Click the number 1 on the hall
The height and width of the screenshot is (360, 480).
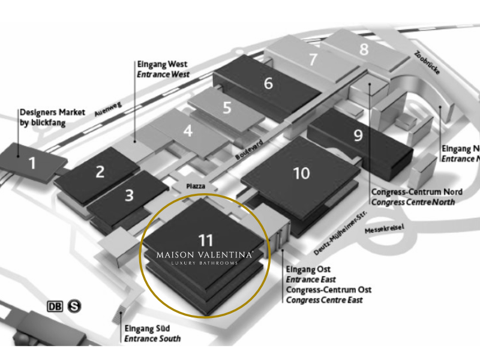(32, 162)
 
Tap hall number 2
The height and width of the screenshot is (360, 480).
(100, 172)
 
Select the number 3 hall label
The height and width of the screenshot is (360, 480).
(129, 195)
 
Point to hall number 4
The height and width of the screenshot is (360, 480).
(188, 130)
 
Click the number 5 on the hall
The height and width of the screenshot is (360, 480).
(226, 108)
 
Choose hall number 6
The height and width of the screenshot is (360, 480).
(268, 83)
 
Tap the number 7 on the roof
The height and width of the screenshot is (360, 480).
(313, 59)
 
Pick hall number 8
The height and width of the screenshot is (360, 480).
(364, 49)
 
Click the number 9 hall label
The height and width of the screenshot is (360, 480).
(358, 135)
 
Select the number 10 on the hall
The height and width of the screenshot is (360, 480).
(301, 173)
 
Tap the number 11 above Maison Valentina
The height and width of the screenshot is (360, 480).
(206, 240)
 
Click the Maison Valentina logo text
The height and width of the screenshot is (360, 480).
(205, 255)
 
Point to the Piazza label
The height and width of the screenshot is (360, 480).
(195, 187)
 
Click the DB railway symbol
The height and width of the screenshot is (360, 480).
(55, 306)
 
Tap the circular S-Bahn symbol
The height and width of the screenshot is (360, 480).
(74, 306)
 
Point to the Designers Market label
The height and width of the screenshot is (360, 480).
(50, 117)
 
